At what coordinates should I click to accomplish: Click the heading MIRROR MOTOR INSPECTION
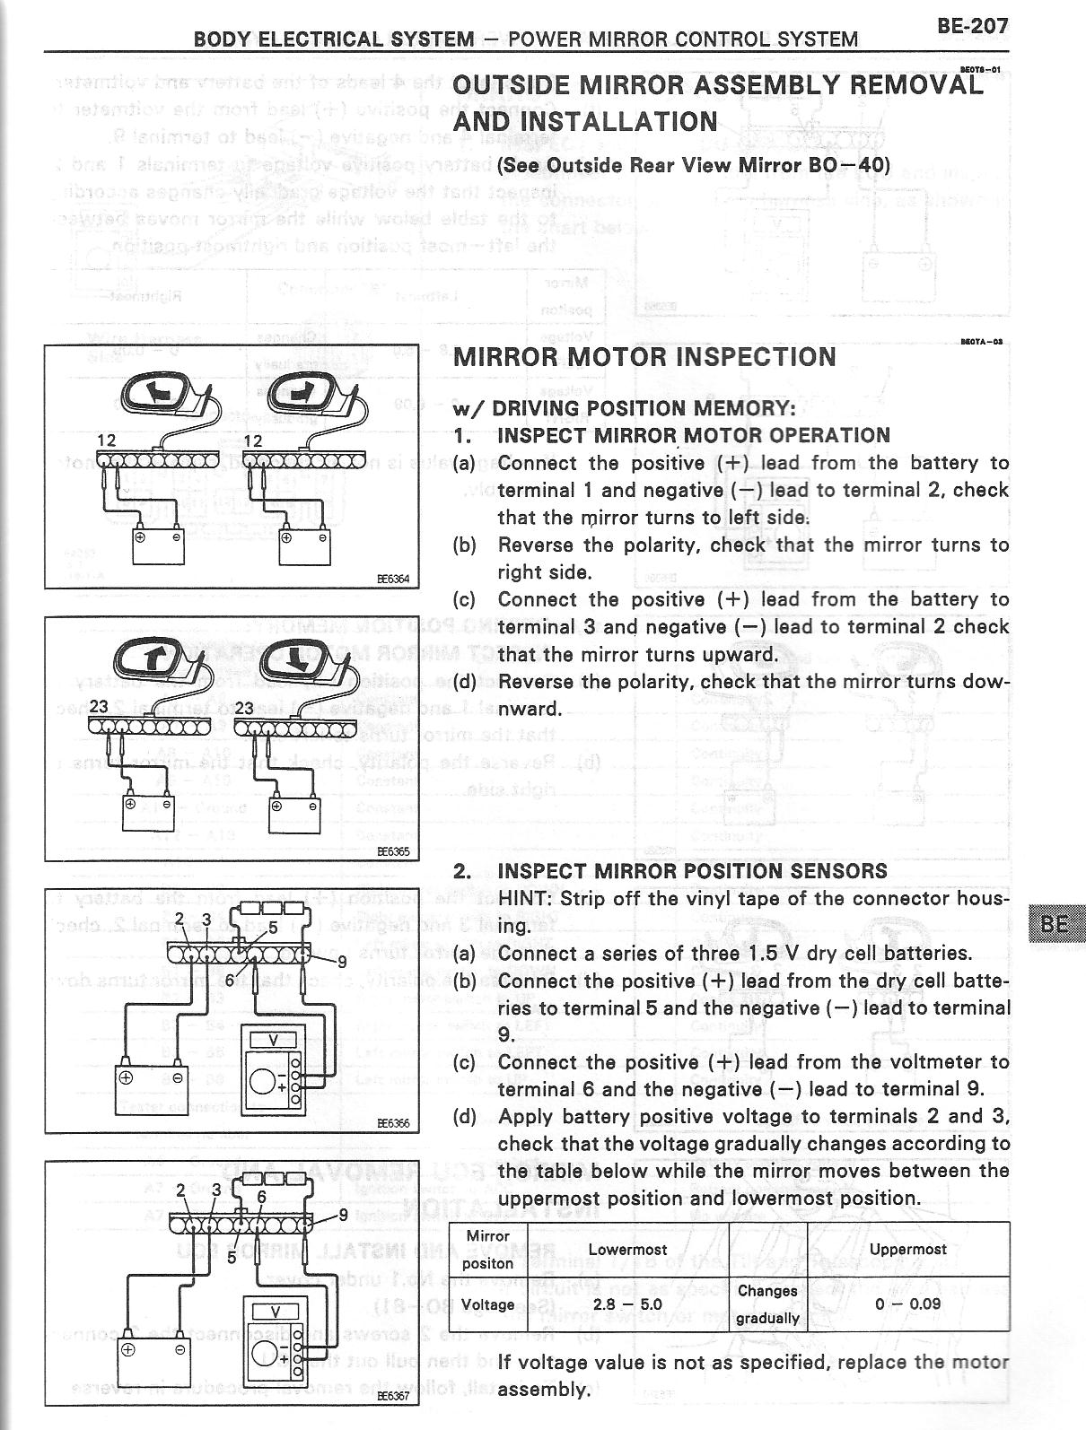tap(644, 357)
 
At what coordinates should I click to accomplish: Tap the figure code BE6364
tap(391, 580)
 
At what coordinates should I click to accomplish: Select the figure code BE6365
tap(391, 852)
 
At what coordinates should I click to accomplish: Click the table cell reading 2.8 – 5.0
tap(627, 1304)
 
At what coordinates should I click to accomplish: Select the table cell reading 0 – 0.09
tap(908, 1304)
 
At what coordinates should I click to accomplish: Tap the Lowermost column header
tap(627, 1249)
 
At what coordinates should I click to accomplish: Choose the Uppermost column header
tap(908, 1249)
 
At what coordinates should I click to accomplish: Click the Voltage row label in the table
tap(487, 1304)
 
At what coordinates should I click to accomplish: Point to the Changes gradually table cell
tap(767, 1304)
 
